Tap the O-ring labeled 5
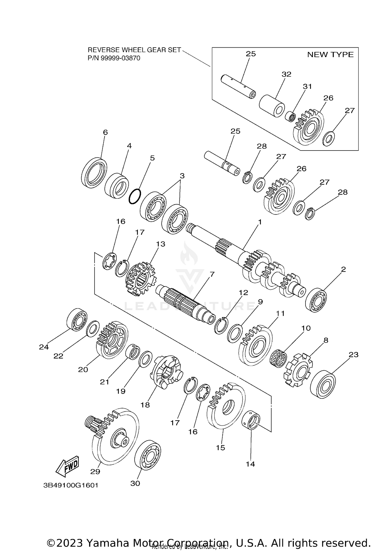(135, 196)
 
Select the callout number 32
(287, 74)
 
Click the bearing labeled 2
(316, 300)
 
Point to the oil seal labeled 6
(94, 173)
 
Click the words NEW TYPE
(330, 55)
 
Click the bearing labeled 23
(323, 384)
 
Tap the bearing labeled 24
(77, 320)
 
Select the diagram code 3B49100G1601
(71, 485)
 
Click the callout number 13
(161, 244)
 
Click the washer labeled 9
(235, 333)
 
